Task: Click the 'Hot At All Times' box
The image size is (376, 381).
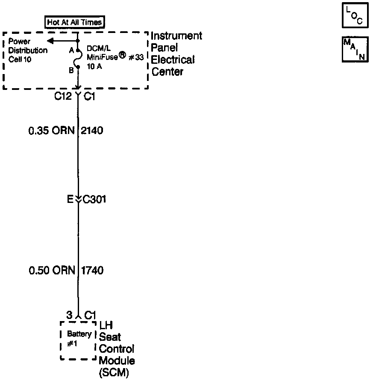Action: pos(75,22)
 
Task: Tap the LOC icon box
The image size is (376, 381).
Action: pos(355,16)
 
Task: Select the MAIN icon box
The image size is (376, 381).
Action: pos(355,50)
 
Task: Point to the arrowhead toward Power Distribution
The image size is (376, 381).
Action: pos(50,41)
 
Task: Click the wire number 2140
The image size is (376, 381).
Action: pos(92,130)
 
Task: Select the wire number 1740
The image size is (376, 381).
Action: pos(92,271)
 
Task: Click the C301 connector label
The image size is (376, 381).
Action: pos(94,199)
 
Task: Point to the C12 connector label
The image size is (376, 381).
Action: pos(62,97)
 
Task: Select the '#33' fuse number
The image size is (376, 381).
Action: pos(135,58)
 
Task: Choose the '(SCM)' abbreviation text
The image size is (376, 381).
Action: pos(115,372)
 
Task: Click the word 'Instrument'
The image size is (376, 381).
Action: pos(176,36)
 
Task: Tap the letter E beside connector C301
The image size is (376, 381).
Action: pos(70,199)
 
